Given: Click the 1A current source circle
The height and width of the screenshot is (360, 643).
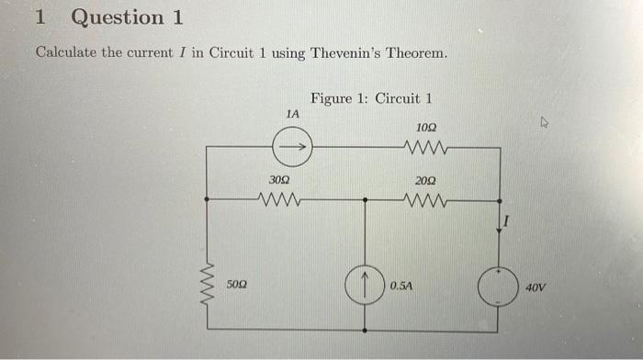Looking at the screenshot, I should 294,144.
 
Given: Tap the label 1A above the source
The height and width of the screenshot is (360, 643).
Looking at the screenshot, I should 292,114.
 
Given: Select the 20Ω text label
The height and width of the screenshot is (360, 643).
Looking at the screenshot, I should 426,182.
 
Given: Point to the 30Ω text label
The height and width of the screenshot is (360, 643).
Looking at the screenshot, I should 279,182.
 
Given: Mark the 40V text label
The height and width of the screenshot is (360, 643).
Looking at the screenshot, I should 536,287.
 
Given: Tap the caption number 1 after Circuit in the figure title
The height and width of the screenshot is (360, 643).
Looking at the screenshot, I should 428,98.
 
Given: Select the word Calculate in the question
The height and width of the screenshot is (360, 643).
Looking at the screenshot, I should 65,52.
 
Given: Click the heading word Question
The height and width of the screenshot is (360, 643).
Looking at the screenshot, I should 118,17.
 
